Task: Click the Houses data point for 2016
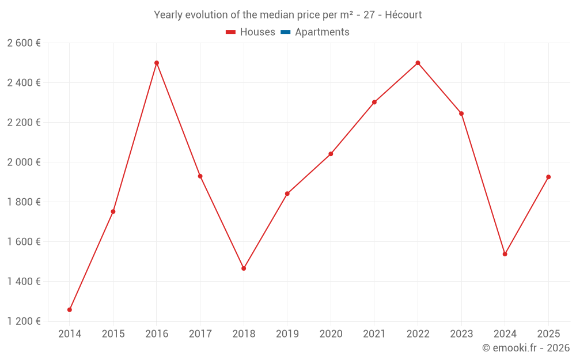157,63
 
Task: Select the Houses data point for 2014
70,310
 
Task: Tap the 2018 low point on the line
244,268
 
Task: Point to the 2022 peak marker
418,63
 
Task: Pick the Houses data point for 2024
505,254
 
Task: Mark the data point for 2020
331,154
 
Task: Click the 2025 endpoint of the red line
548,177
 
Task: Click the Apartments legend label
322,32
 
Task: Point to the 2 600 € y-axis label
24,43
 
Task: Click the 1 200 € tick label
24,321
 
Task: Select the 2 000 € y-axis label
24,162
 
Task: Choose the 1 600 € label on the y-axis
24,241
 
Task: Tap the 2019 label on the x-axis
287,334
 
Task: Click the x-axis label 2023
461,334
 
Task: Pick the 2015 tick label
113,334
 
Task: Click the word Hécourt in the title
403,15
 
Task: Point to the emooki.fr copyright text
526,348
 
